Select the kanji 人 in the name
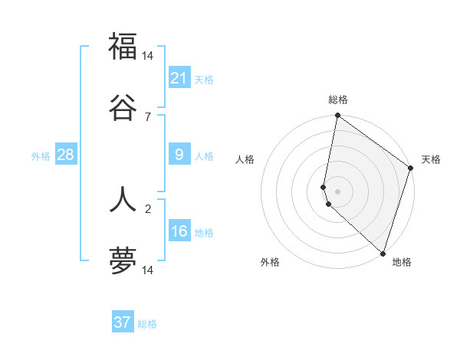click(x=123, y=198)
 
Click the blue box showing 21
click(x=179, y=78)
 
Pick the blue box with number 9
click(x=179, y=155)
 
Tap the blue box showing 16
click(x=179, y=232)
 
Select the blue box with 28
click(x=66, y=155)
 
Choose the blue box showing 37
click(x=123, y=322)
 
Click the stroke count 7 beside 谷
click(x=148, y=116)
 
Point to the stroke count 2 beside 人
click(x=148, y=207)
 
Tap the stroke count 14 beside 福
click(x=148, y=56)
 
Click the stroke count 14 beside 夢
click(x=148, y=270)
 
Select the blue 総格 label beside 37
click(x=147, y=324)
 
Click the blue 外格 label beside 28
click(x=41, y=156)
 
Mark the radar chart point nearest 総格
click(x=337, y=116)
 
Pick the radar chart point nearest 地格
click(x=383, y=253)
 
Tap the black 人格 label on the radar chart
click(x=245, y=159)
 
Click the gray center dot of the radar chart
click(x=337, y=191)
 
